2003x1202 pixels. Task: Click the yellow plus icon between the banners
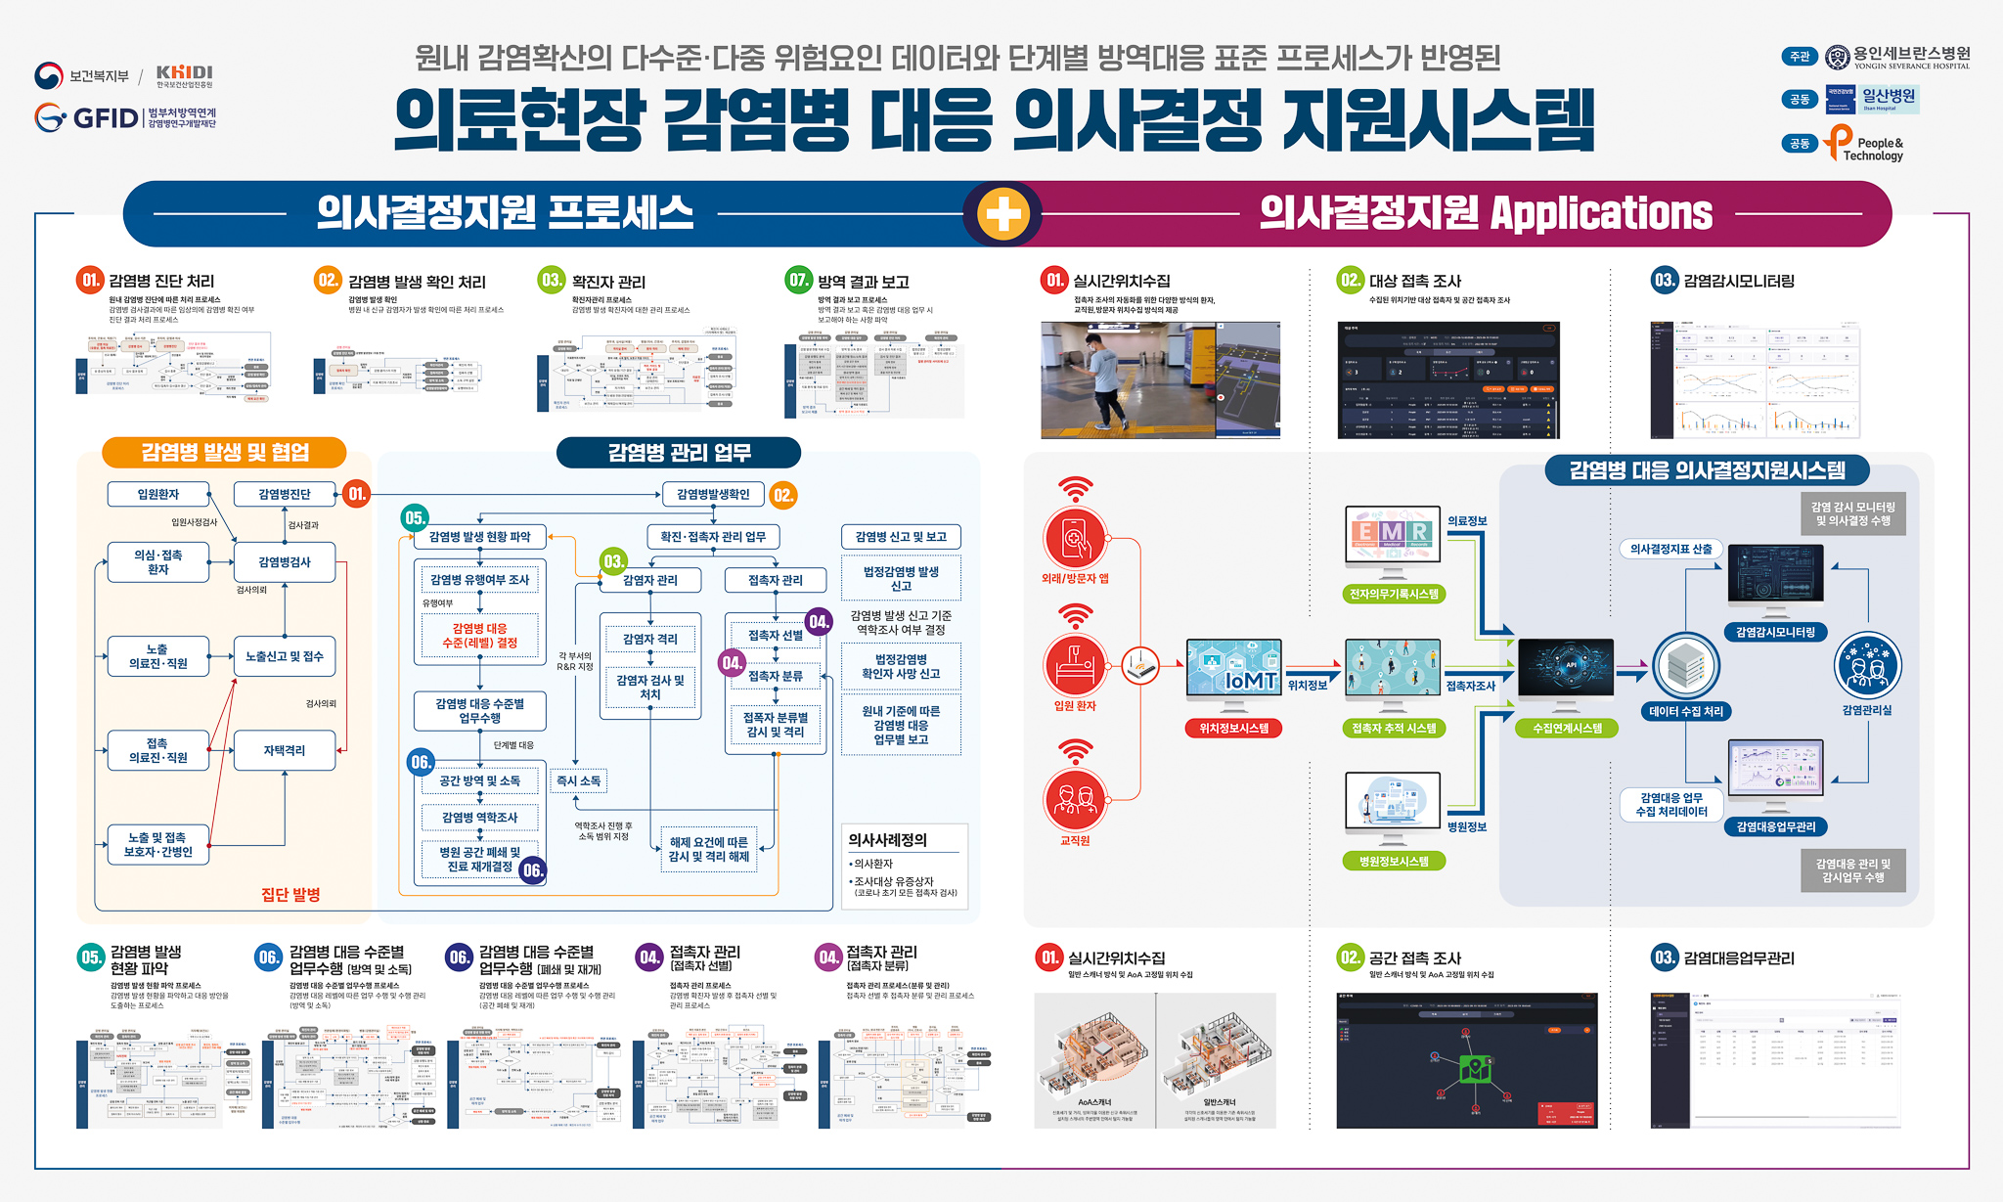click(1003, 213)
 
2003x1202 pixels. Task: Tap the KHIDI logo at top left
click(184, 75)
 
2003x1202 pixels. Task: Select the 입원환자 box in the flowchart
click(158, 494)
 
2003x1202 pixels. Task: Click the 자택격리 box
click(284, 750)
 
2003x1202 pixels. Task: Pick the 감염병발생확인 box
click(713, 494)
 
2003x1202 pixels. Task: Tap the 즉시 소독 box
click(578, 780)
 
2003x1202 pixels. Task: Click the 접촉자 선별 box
click(775, 635)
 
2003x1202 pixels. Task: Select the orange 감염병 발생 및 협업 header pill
click(225, 452)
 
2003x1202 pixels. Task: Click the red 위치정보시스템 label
click(1233, 728)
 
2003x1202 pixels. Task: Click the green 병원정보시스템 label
click(1394, 861)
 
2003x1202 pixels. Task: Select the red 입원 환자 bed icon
click(1075, 664)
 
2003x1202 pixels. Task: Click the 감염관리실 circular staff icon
click(1867, 666)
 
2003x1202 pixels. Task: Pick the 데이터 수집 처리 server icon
click(1685, 666)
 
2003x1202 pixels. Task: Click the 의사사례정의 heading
click(887, 839)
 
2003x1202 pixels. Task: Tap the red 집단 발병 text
click(290, 894)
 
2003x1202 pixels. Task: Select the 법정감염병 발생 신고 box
click(901, 578)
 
